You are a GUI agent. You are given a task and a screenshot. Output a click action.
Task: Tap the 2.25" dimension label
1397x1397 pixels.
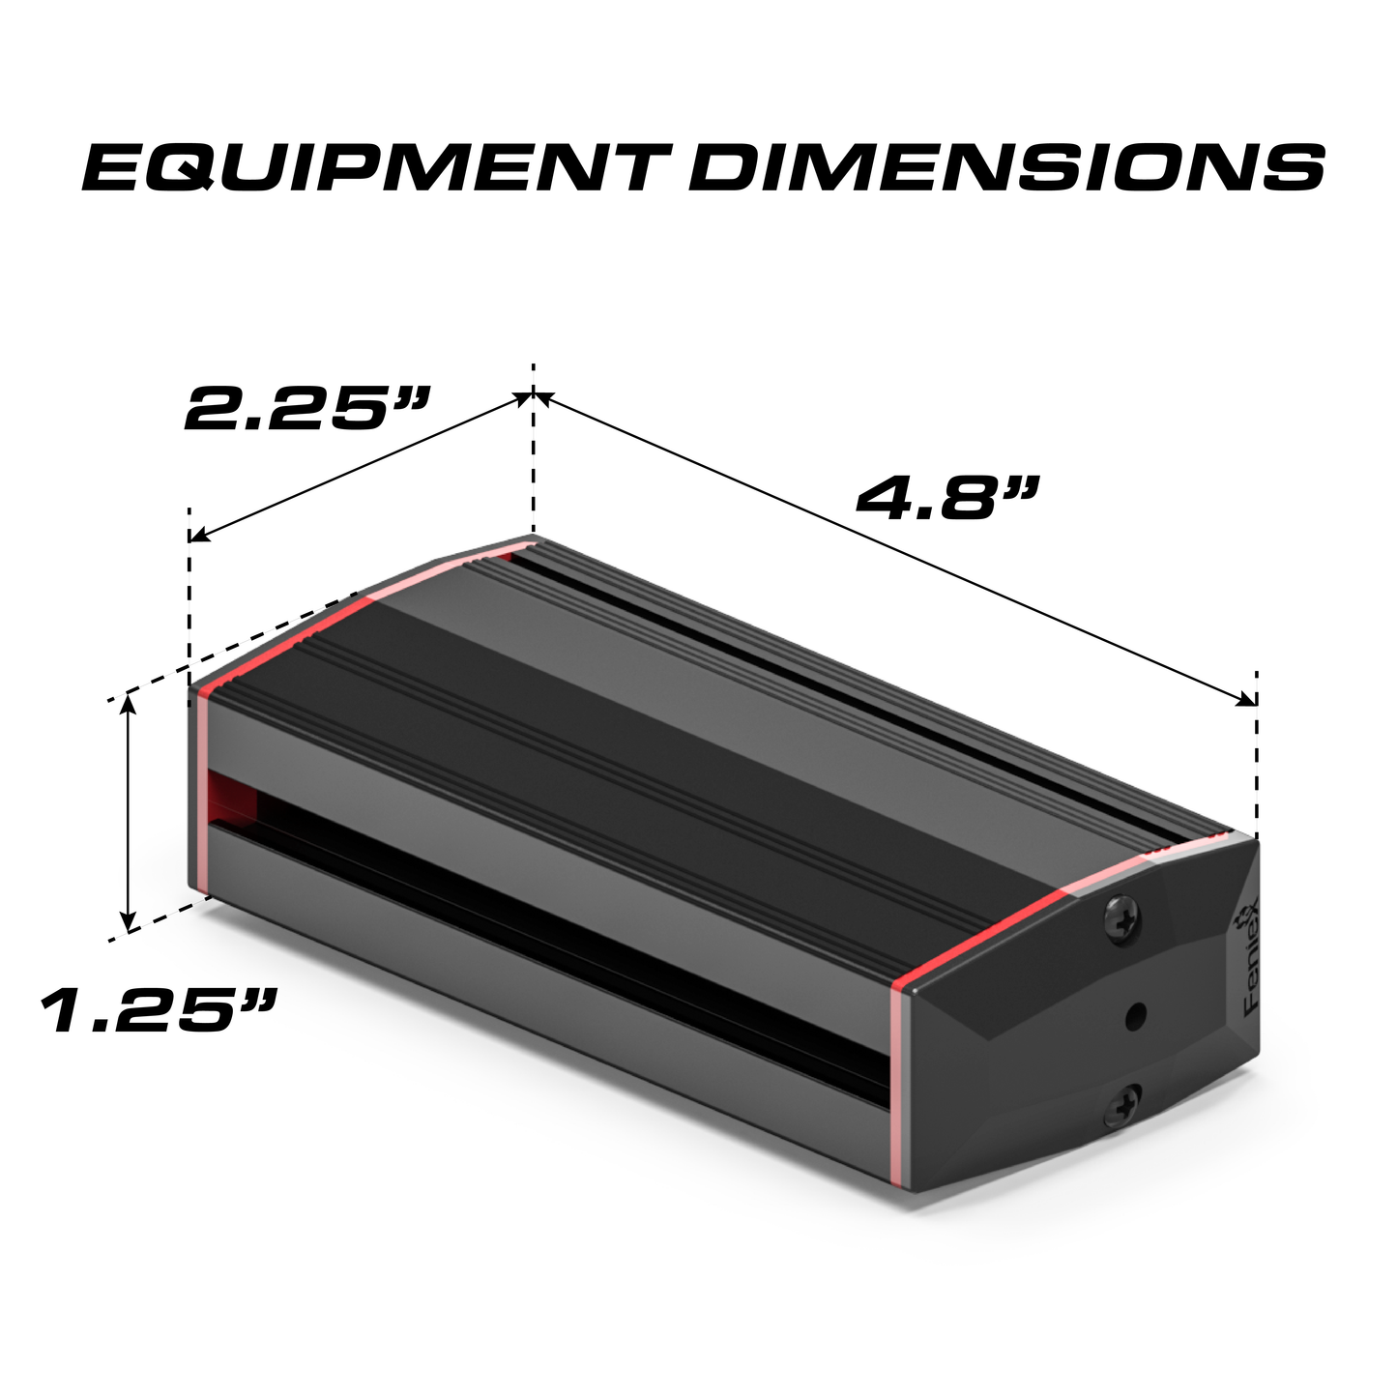[307, 409]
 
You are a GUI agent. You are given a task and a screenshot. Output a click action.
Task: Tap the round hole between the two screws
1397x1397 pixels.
[1136, 1015]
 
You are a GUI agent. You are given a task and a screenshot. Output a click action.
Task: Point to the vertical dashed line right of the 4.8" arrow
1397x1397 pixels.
[1256, 754]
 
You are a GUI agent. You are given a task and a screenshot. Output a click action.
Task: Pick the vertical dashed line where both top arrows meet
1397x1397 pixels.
[533, 454]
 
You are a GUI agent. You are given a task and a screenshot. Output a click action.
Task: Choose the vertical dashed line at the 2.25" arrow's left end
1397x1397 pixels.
[189, 599]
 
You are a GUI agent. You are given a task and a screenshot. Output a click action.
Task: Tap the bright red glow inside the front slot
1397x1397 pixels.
[232, 799]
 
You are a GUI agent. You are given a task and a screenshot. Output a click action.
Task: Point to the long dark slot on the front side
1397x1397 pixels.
[561, 918]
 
